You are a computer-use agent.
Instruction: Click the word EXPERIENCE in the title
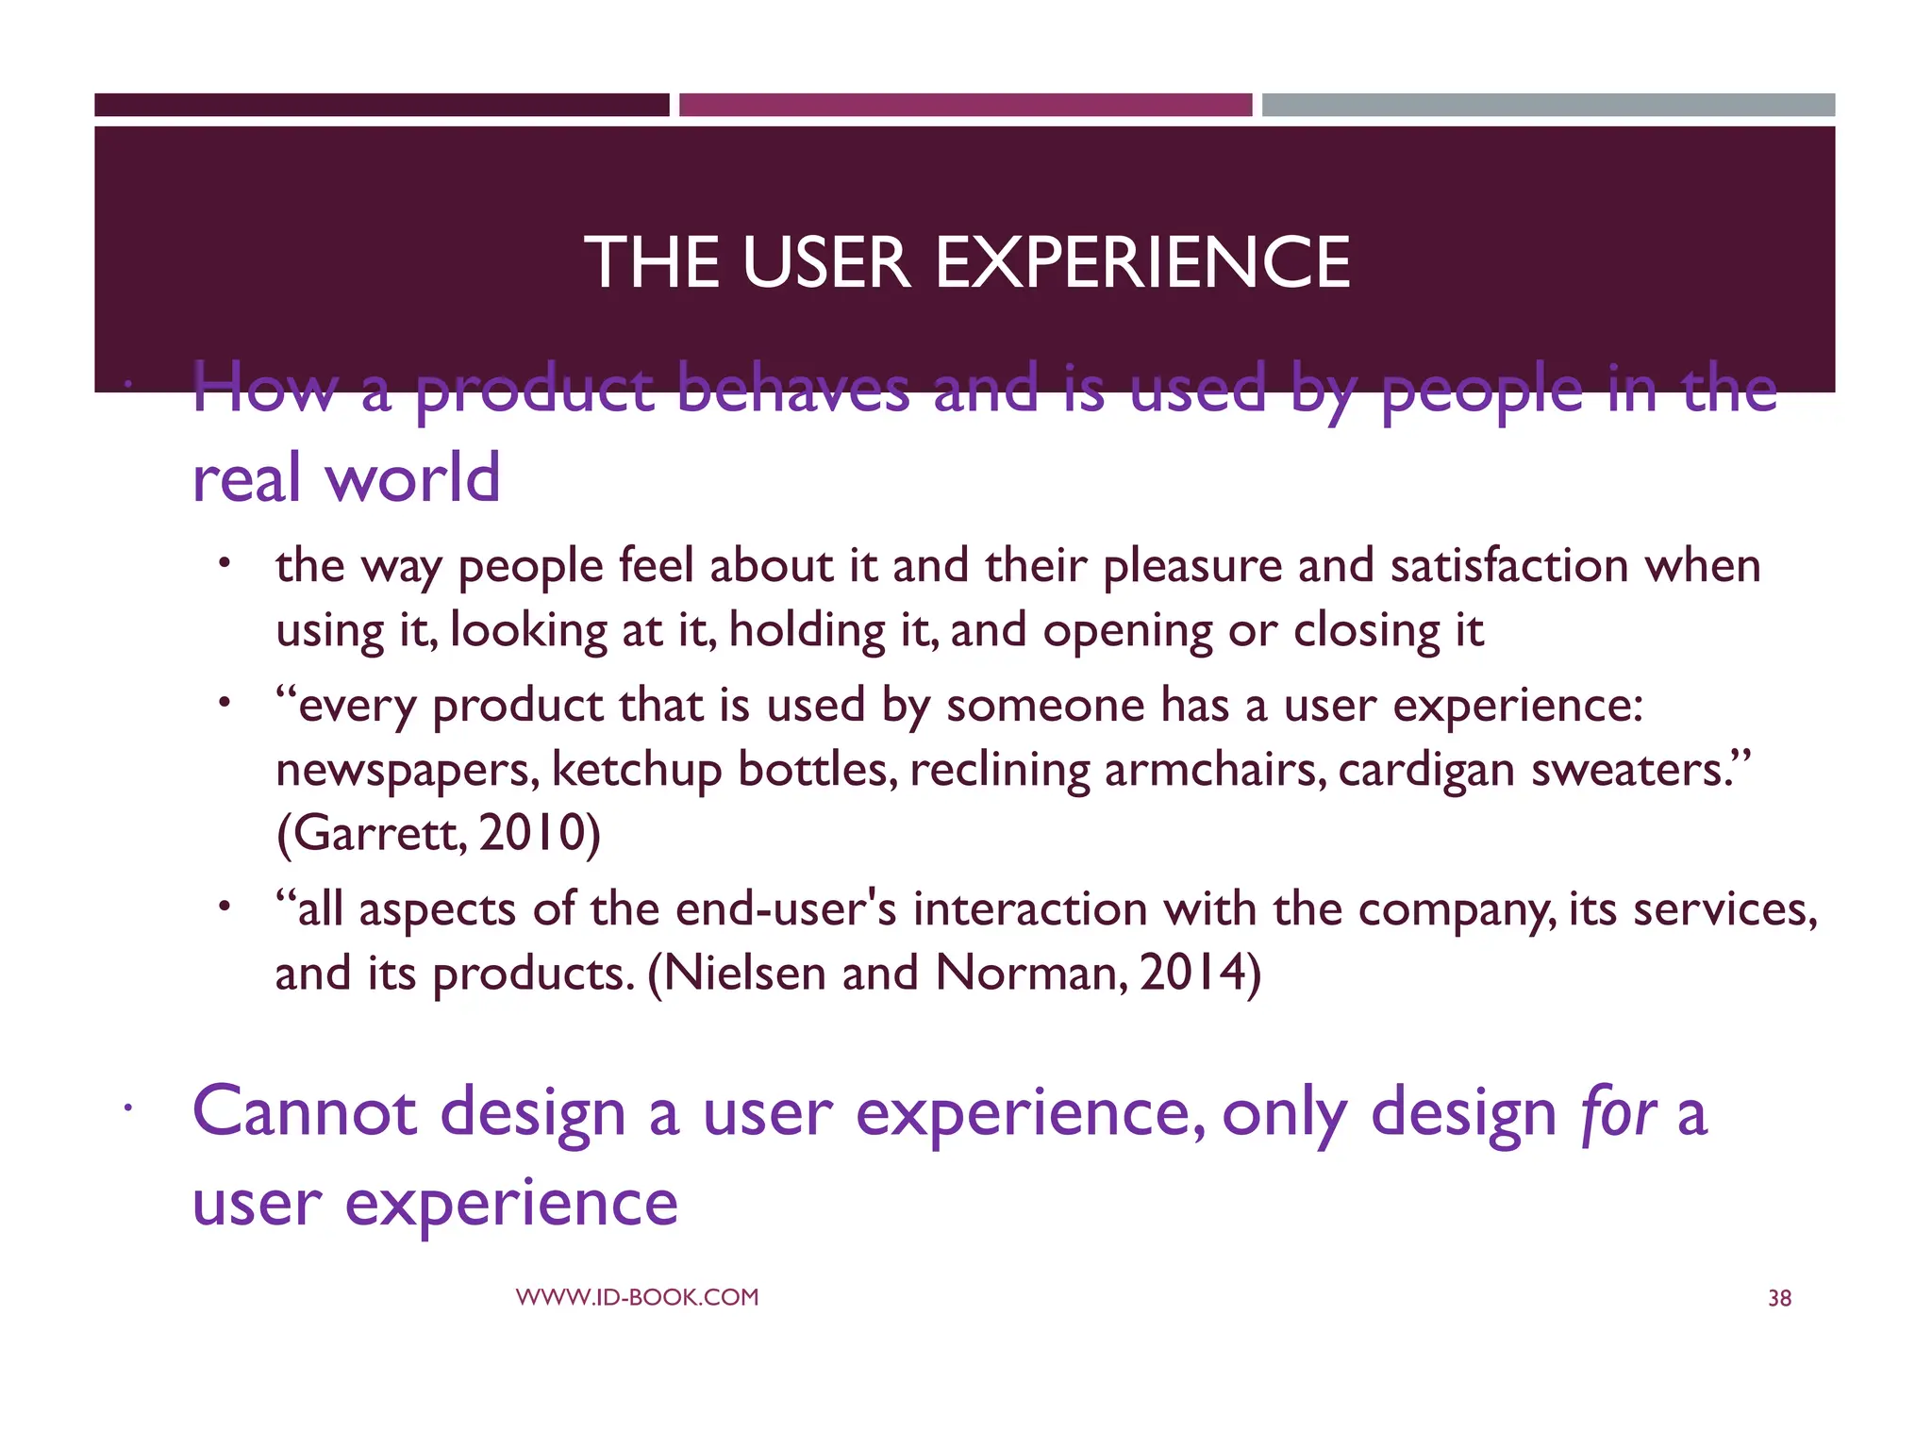coord(1142,262)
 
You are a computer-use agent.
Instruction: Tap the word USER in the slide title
coord(825,262)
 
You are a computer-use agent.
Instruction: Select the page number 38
coord(1779,1298)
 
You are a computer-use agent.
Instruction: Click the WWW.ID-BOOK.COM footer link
coord(637,1297)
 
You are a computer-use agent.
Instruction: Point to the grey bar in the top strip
coord(1548,105)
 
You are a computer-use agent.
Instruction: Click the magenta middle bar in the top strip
coord(965,105)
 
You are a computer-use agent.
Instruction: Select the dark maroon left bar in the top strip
coord(381,105)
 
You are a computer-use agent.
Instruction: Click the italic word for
coord(1618,1113)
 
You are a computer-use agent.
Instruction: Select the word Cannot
coord(304,1113)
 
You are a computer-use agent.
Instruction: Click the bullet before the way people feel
coord(224,564)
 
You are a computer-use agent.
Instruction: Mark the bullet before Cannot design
coord(125,1109)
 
